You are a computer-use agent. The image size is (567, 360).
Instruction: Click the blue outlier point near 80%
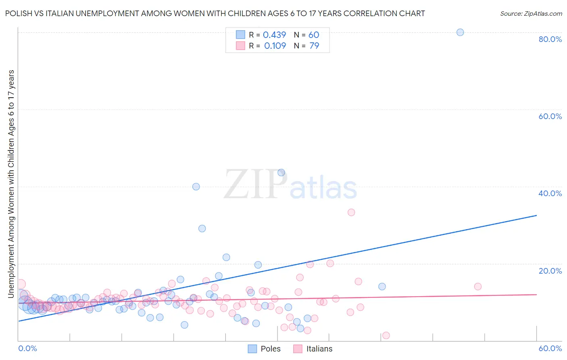(x=460, y=32)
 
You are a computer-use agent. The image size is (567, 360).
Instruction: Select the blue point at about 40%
(x=196, y=186)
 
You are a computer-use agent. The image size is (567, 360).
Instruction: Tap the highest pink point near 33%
(x=351, y=212)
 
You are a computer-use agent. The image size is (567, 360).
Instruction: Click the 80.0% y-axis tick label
(x=550, y=39)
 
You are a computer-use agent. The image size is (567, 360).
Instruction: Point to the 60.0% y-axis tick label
(x=550, y=116)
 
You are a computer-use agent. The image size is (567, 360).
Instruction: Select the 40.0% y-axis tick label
(x=550, y=193)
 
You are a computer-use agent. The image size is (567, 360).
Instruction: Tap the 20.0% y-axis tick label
(x=550, y=271)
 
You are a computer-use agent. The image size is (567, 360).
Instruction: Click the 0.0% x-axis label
(x=27, y=348)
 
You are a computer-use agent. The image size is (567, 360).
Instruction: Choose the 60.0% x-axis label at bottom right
(x=550, y=348)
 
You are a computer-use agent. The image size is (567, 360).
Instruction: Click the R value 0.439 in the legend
(x=274, y=35)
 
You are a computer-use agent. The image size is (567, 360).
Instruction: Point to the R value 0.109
(x=275, y=46)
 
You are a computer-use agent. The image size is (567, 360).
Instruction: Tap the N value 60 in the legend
(x=314, y=35)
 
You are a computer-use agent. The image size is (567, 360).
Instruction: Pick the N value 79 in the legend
(x=314, y=46)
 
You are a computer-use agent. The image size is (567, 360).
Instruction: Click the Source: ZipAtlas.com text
(x=531, y=14)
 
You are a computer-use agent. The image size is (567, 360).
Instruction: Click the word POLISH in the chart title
(x=18, y=14)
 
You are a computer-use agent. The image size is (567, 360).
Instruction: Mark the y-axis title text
(x=11, y=184)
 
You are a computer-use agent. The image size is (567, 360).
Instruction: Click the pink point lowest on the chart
(x=386, y=335)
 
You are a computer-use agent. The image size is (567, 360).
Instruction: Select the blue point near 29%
(x=202, y=228)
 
